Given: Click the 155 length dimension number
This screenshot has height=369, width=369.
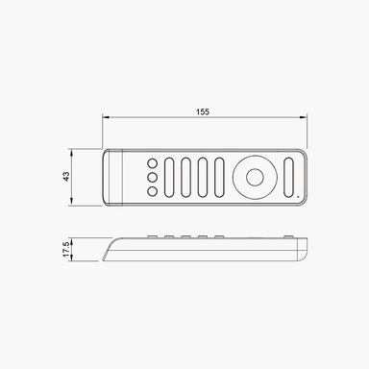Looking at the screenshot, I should (x=203, y=112).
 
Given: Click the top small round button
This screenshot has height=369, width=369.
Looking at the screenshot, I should (x=152, y=163).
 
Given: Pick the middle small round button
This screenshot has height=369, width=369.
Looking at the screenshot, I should (x=152, y=177).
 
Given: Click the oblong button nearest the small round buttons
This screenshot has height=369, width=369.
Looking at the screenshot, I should (x=170, y=177).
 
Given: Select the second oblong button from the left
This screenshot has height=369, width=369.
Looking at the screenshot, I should (x=186, y=177).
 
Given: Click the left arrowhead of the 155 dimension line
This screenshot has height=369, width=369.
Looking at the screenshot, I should (x=106, y=119).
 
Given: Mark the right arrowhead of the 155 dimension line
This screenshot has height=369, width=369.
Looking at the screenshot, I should (x=306, y=119).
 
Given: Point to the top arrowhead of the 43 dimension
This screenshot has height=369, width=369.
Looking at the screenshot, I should (x=74, y=153).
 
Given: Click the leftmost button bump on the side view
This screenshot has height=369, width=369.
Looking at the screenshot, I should (x=152, y=235).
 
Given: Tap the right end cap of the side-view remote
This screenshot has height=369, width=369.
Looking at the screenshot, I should (x=303, y=248).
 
